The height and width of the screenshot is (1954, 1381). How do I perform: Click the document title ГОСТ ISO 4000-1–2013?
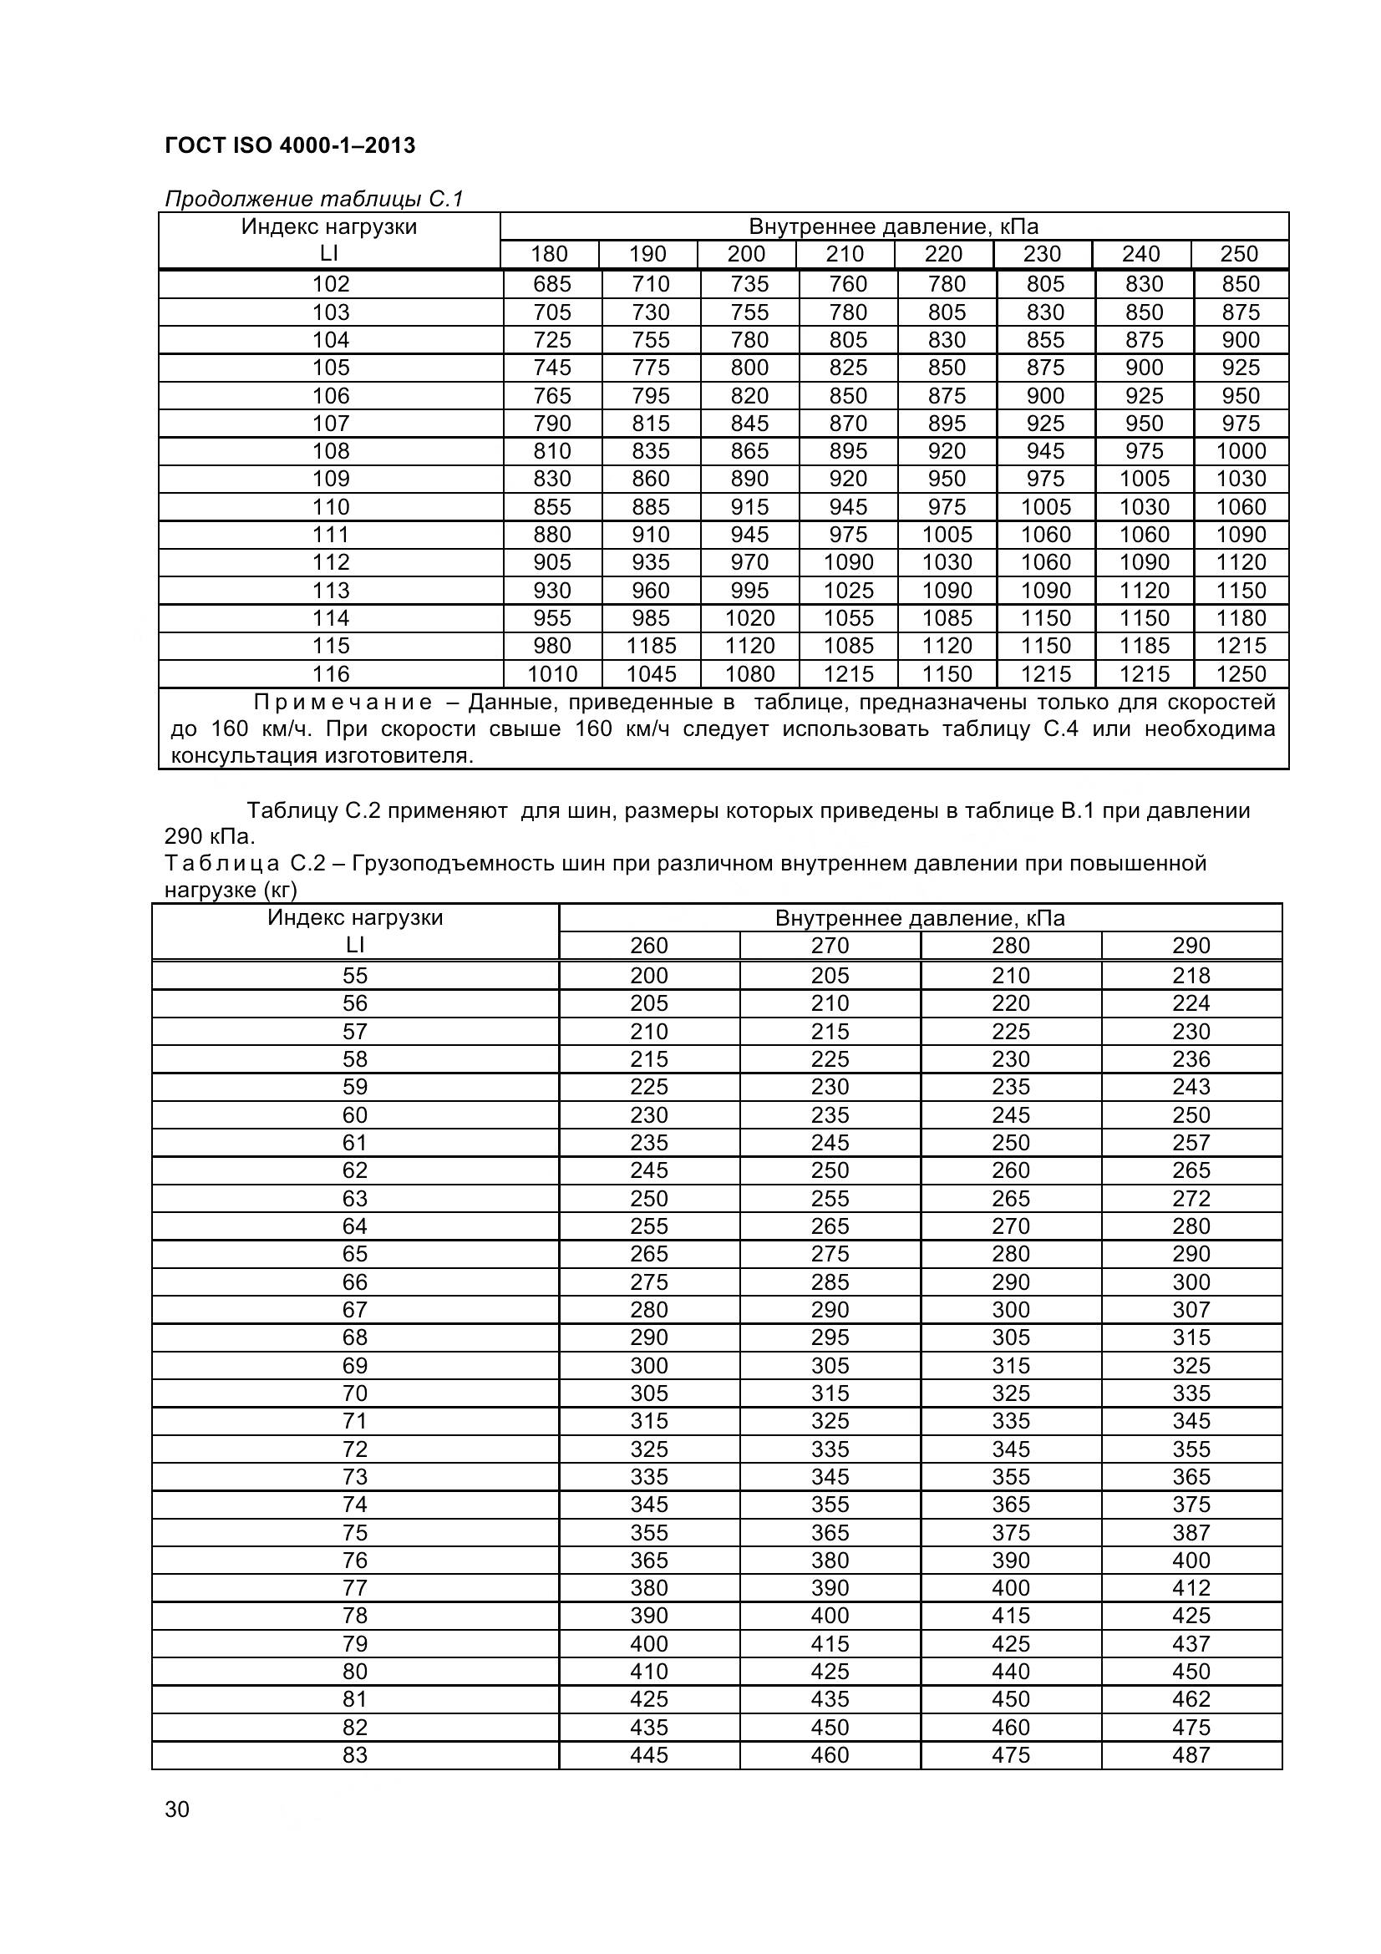[x=289, y=145]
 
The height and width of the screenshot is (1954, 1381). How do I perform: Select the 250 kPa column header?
[x=1239, y=255]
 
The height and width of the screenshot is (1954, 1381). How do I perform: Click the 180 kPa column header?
[x=549, y=255]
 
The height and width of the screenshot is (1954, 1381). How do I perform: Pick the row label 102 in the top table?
[x=330, y=284]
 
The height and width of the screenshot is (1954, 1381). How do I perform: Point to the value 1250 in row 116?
[x=1241, y=674]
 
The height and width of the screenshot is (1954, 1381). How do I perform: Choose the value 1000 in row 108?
[x=1241, y=451]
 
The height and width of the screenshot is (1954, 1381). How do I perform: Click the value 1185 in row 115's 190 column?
[x=651, y=646]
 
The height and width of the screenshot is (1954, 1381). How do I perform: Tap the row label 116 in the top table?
[x=330, y=674]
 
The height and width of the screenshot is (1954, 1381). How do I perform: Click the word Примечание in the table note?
[x=343, y=702]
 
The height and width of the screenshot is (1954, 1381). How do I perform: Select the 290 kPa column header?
[x=1191, y=946]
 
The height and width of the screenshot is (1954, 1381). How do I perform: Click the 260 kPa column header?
[x=648, y=946]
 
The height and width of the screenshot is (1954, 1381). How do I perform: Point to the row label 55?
[x=355, y=975]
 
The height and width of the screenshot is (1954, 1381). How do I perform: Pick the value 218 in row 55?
[x=1191, y=975]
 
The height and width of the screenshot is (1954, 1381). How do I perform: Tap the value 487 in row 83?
[x=1191, y=1755]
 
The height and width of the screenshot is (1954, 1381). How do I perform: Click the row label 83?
[x=355, y=1755]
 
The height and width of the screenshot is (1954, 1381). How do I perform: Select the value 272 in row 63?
[x=1191, y=1198]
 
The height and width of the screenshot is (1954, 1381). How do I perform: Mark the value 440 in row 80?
[x=1010, y=1672]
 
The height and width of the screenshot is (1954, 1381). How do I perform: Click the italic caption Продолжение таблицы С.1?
[x=313, y=199]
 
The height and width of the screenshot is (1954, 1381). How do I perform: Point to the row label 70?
[x=355, y=1393]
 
